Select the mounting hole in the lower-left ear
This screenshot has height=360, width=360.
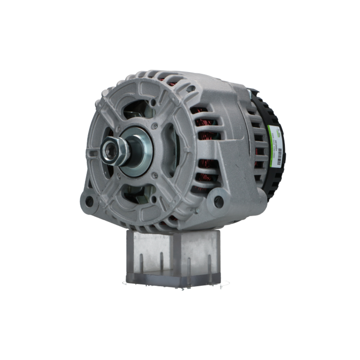89,201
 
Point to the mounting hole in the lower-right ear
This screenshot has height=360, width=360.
218,202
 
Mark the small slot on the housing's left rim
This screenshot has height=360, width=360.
93,154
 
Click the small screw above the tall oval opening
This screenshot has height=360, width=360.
155,126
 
